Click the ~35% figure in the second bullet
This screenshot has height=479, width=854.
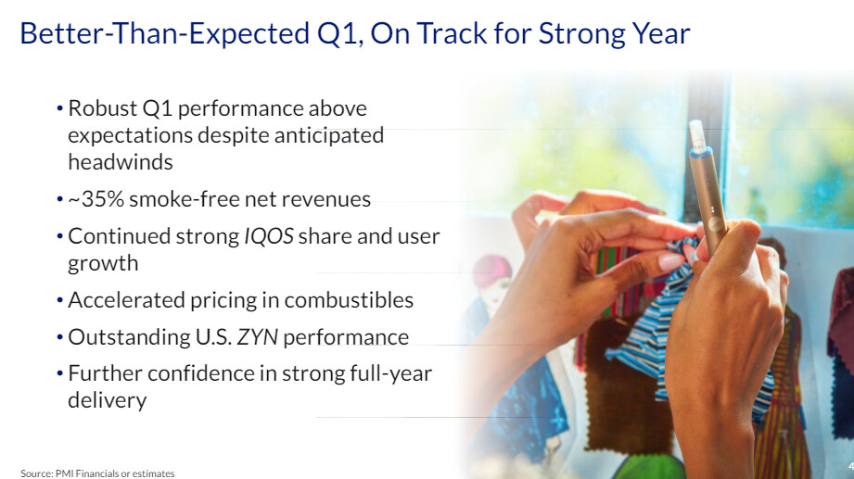pyautogui.click(x=96, y=199)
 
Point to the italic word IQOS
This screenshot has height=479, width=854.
pyautogui.click(x=269, y=236)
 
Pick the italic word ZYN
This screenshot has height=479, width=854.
pyautogui.click(x=257, y=337)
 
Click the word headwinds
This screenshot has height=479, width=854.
pyautogui.click(x=121, y=162)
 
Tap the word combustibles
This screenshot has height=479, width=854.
pyautogui.click(x=349, y=300)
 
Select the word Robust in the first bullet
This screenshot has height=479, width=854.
pyautogui.click(x=102, y=108)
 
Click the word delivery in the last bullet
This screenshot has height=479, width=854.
pyautogui.click(x=108, y=400)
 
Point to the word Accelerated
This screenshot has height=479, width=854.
pyautogui.click(x=126, y=300)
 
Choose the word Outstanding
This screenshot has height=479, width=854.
pyautogui.click(x=129, y=338)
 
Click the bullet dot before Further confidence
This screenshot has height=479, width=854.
pyautogui.click(x=60, y=374)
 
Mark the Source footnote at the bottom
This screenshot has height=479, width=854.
pyautogui.click(x=97, y=473)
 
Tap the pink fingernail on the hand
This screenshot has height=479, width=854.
pyautogui.click(x=670, y=263)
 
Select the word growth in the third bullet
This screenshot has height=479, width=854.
pyautogui.click(x=103, y=264)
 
